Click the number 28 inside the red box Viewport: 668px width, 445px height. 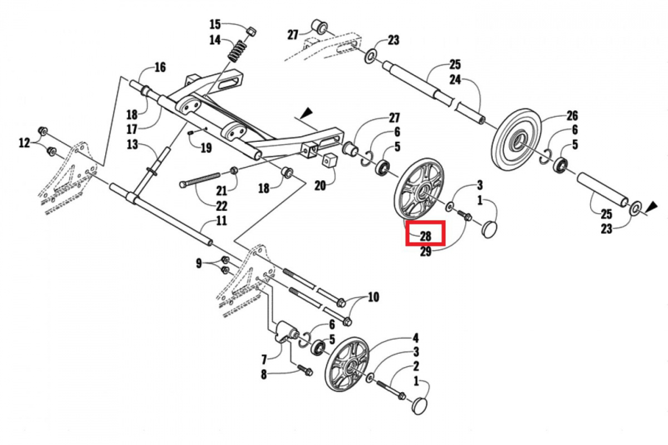425,236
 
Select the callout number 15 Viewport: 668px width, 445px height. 215,24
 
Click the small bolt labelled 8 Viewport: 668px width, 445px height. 303,368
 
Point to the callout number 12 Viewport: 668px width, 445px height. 24,143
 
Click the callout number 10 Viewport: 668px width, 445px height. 373,297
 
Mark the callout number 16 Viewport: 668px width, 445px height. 160,68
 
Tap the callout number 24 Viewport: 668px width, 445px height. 455,80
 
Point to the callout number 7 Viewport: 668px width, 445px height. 264,359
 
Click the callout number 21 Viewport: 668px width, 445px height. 222,191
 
